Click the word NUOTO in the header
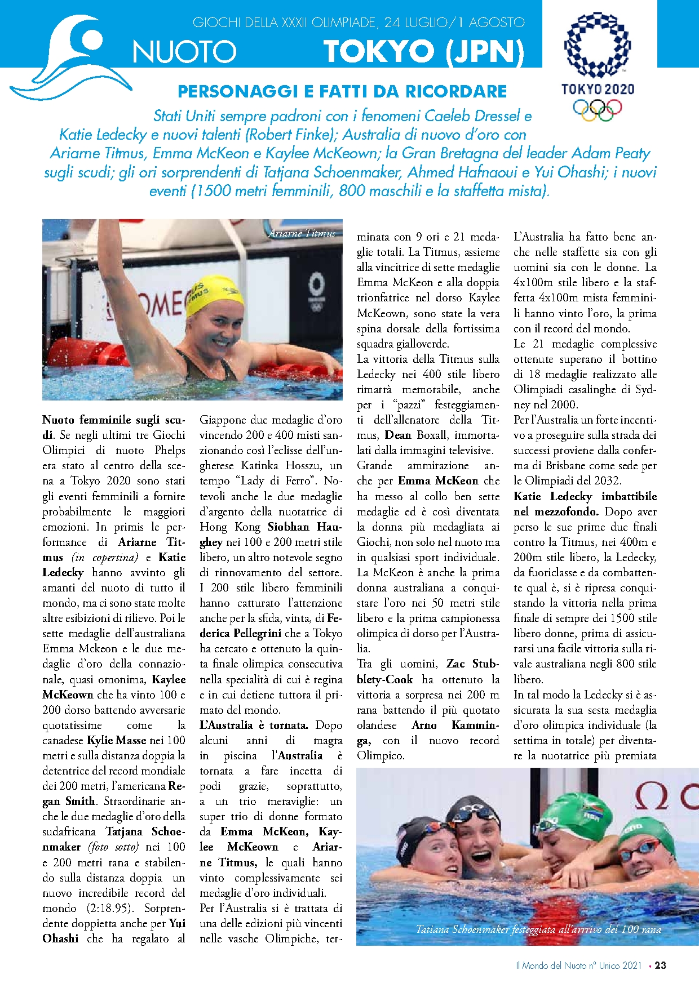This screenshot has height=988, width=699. click(184, 52)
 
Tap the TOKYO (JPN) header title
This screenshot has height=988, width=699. click(423, 51)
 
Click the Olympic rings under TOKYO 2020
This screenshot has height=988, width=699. click(597, 109)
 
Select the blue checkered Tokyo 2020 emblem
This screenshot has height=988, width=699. click(598, 45)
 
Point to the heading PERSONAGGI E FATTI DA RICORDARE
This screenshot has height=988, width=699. click(342, 91)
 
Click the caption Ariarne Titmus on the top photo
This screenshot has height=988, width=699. click(302, 233)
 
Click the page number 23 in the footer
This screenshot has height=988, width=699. click(661, 965)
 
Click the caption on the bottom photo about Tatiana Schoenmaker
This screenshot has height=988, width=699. click(538, 929)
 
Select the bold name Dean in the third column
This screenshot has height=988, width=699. click(398, 435)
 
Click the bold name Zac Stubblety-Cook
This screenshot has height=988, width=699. click(428, 671)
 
